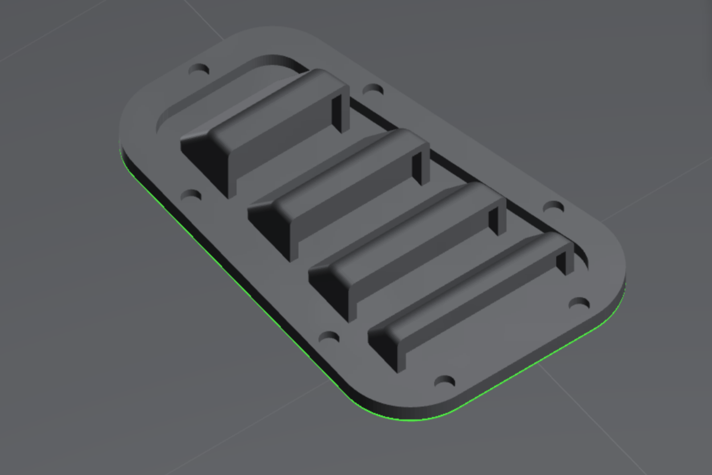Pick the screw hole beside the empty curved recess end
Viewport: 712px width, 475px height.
[199, 70]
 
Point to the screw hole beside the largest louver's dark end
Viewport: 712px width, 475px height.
[191, 196]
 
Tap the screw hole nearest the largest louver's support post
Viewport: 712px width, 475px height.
[373, 89]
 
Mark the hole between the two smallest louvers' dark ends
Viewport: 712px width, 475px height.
[329, 337]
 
